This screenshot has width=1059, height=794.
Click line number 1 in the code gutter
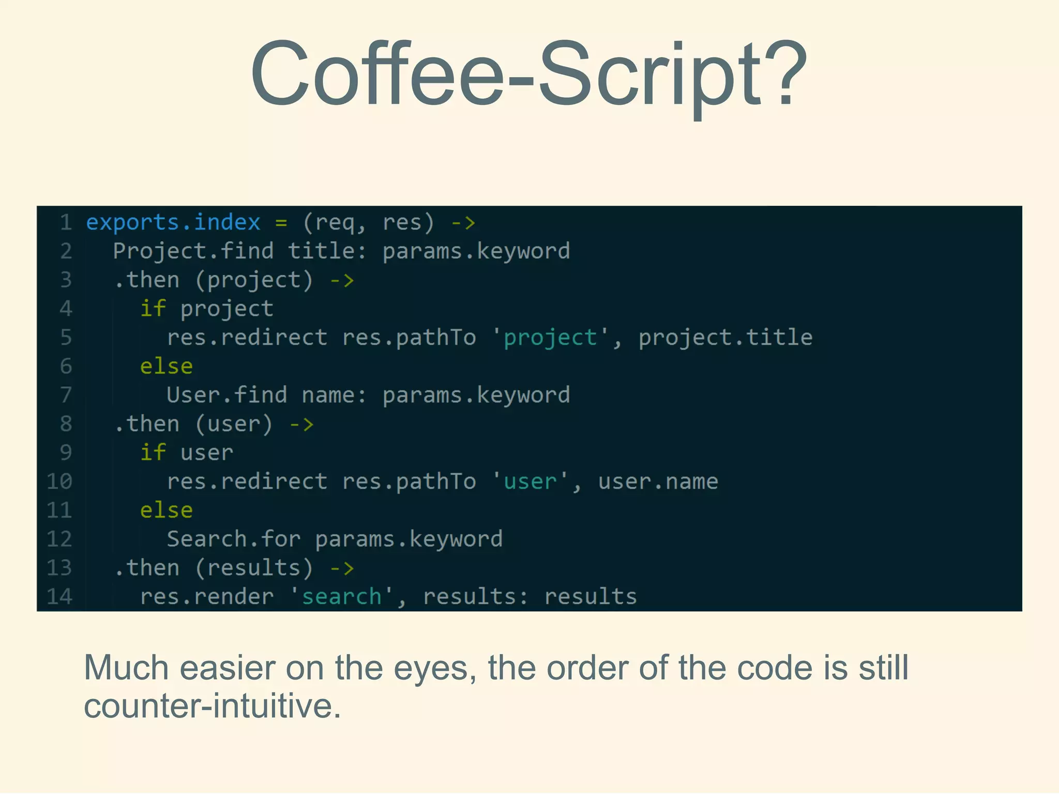(x=66, y=223)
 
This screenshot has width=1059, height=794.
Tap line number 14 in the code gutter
(x=60, y=597)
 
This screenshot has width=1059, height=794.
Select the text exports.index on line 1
(x=173, y=223)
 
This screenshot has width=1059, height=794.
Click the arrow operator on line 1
(x=463, y=223)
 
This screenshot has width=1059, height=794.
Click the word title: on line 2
(x=327, y=252)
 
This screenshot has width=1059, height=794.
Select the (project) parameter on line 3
(x=254, y=281)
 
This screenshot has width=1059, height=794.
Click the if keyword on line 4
(x=153, y=309)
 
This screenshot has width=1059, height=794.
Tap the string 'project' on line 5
(x=550, y=338)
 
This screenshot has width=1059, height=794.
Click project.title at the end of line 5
(x=725, y=338)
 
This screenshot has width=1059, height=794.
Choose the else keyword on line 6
(x=167, y=367)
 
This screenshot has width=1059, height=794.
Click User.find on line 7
(x=226, y=395)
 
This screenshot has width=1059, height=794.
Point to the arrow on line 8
(x=301, y=424)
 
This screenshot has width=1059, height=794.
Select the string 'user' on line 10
(x=530, y=482)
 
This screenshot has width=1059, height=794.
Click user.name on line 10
(x=658, y=482)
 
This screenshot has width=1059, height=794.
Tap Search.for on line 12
(x=234, y=539)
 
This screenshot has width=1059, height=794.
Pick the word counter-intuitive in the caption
(x=212, y=706)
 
